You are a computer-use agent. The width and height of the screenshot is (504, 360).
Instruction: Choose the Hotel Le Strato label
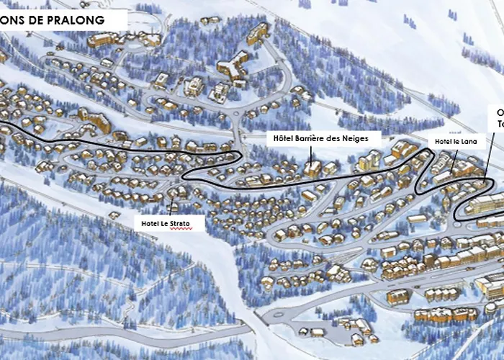coord(166,224)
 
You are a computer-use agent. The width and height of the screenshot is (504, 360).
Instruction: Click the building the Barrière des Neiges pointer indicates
coord(312,168)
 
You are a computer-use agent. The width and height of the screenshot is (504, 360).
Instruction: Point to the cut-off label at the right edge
coord(497,118)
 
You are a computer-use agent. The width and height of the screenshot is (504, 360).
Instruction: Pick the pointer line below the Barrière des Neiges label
coord(312,152)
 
